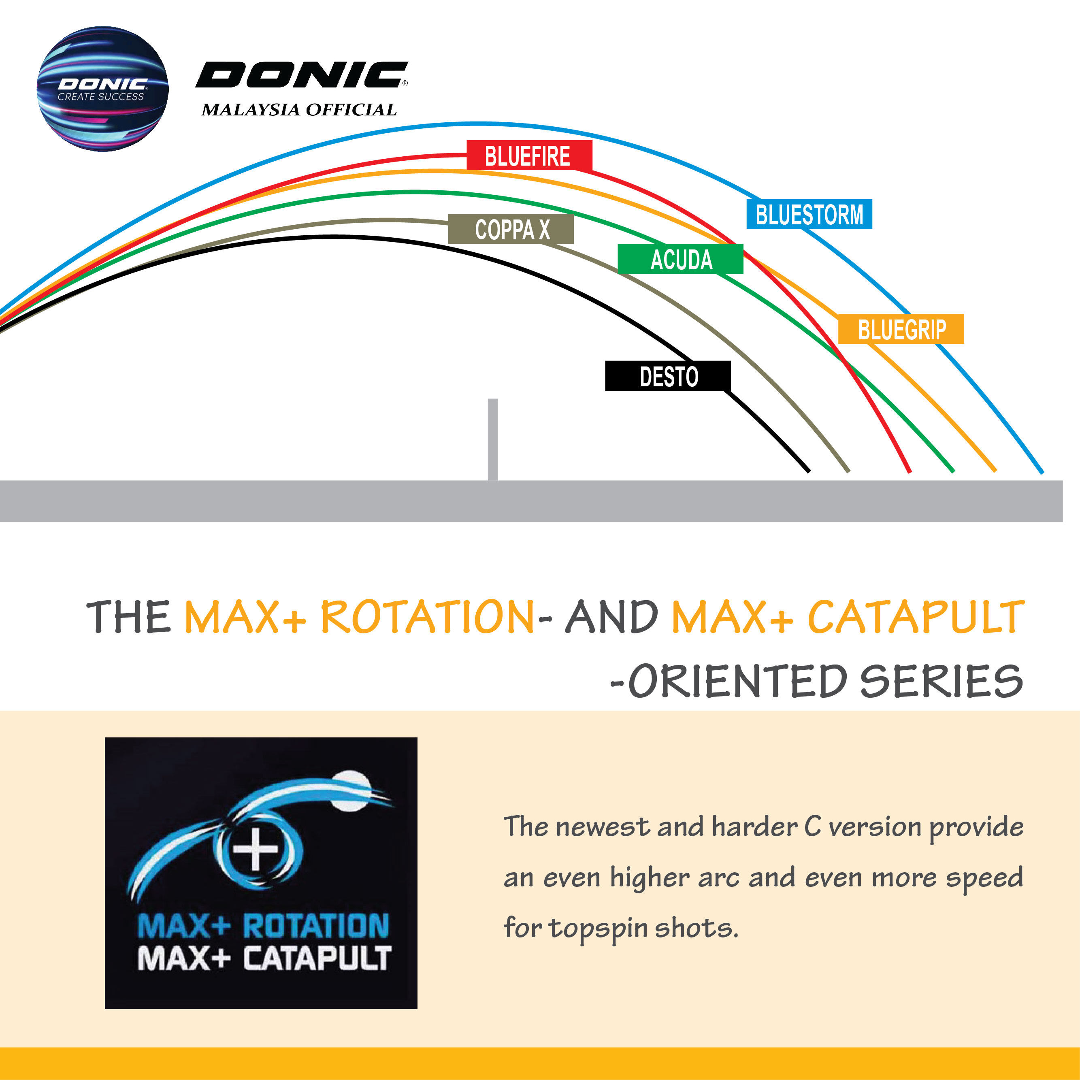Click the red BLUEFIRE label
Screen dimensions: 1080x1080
pyautogui.click(x=529, y=156)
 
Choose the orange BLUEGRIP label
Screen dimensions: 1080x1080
pyautogui.click(x=901, y=329)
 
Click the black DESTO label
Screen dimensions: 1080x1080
pyautogui.click(x=668, y=376)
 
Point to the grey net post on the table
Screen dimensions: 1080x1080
pyautogui.click(x=492, y=439)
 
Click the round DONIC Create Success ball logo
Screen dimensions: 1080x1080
pyautogui.click(x=102, y=88)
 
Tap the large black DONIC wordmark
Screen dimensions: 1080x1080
pyautogui.click(x=302, y=75)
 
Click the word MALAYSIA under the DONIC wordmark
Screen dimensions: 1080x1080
pyautogui.click(x=250, y=110)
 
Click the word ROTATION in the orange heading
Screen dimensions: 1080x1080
pyautogui.click(x=428, y=617)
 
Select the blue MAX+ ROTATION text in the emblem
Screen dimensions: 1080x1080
pyautogui.click(x=263, y=926)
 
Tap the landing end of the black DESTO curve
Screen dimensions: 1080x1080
pyautogui.click(x=808, y=471)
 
